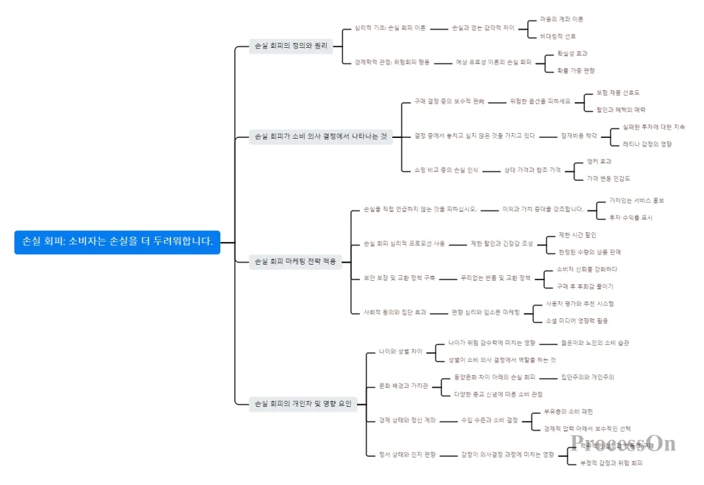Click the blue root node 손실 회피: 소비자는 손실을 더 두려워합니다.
118,241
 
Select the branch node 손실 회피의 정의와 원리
291,46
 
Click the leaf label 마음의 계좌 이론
561,19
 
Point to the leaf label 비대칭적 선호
558,36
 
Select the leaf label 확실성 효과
572,53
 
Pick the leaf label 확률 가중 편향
576,70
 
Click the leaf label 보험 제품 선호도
618,92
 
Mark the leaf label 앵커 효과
599,161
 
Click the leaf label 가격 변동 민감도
609,178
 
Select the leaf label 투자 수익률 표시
631,218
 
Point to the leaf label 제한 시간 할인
577,234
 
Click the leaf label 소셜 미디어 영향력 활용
577,320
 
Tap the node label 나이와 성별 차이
401,351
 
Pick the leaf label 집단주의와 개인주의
587,377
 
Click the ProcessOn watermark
623,443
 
